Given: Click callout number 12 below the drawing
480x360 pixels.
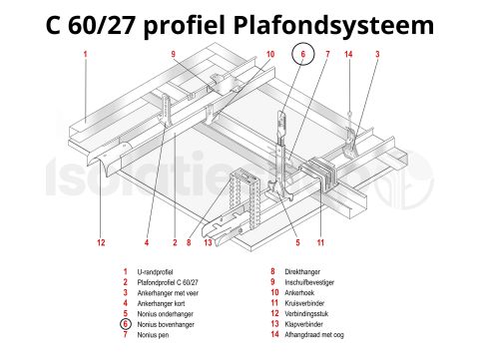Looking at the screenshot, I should (101, 242).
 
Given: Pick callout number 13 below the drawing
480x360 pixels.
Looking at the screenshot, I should (208, 242).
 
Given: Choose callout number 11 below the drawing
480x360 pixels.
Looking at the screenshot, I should (320, 242).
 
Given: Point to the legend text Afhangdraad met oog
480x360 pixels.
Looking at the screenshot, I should (316, 334).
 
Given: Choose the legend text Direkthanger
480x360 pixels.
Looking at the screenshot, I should (300, 271).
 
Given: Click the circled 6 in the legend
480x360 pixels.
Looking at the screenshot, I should (125, 324).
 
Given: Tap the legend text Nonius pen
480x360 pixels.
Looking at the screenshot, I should (155, 334).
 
